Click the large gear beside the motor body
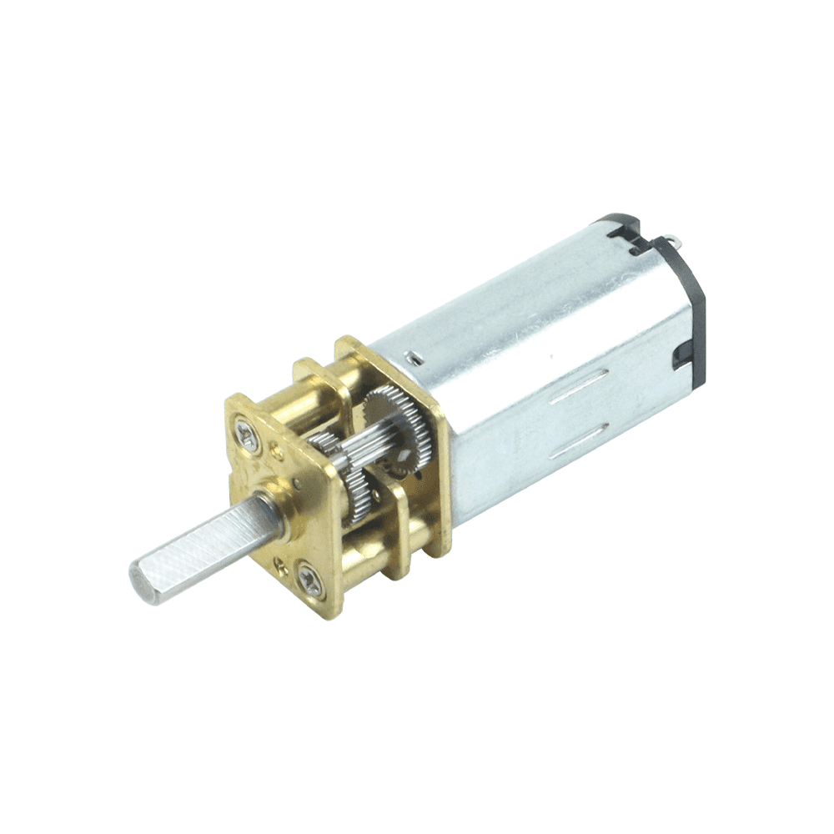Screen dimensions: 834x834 click(x=399, y=430)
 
